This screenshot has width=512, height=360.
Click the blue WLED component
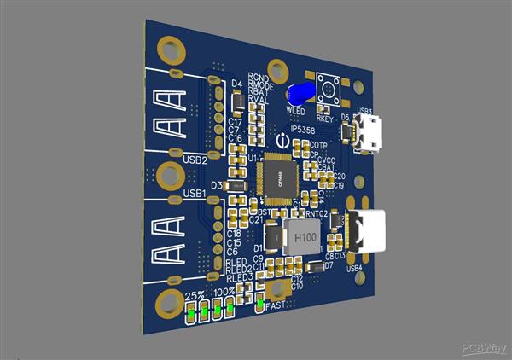(300, 95)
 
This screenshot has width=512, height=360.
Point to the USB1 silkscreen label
(194, 194)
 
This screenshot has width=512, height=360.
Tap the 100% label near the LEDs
(225, 292)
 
